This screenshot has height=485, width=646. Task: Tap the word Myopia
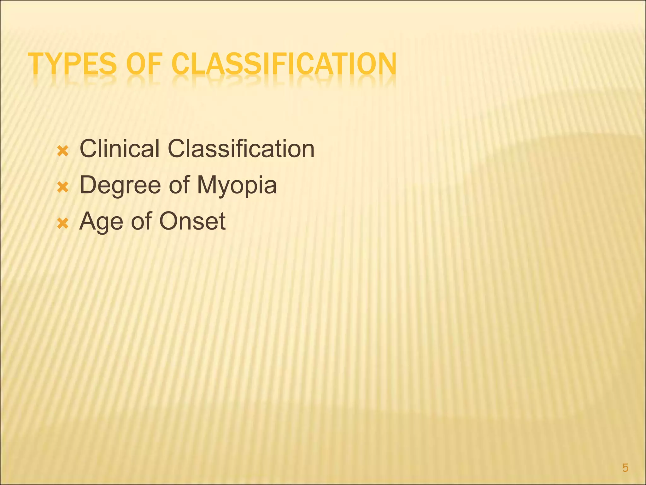(237, 186)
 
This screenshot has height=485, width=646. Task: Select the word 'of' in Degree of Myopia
(179, 185)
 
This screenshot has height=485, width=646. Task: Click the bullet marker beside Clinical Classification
(63, 152)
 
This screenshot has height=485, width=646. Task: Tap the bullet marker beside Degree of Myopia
(63, 188)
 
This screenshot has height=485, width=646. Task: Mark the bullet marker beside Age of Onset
(63, 225)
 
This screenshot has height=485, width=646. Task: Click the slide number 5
(625, 468)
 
